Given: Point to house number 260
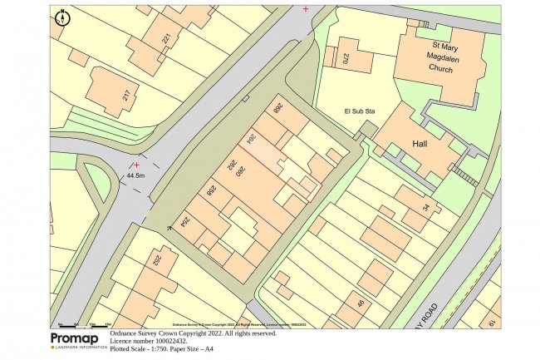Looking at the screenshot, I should coord(238,172).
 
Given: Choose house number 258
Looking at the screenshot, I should coord(212,191).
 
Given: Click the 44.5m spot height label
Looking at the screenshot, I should coord(135,175).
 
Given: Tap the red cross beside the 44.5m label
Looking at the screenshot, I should coord(135,165).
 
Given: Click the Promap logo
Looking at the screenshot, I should coord(78,340).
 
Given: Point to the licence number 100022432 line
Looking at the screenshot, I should coord(149,341).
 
